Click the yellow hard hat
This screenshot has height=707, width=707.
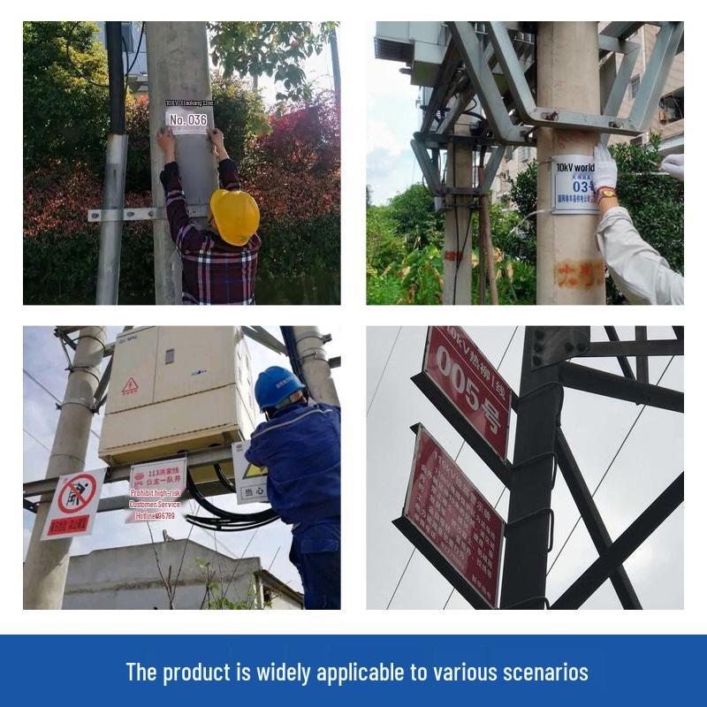[235, 216]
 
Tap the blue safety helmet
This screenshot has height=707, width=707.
[277, 386]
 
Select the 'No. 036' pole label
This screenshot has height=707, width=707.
[188, 119]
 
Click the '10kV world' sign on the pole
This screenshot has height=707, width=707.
[574, 167]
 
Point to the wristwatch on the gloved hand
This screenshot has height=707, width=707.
[606, 194]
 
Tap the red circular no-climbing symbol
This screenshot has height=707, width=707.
[77, 494]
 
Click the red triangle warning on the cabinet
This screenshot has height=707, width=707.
[130, 385]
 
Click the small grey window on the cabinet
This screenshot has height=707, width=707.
[170, 356]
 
